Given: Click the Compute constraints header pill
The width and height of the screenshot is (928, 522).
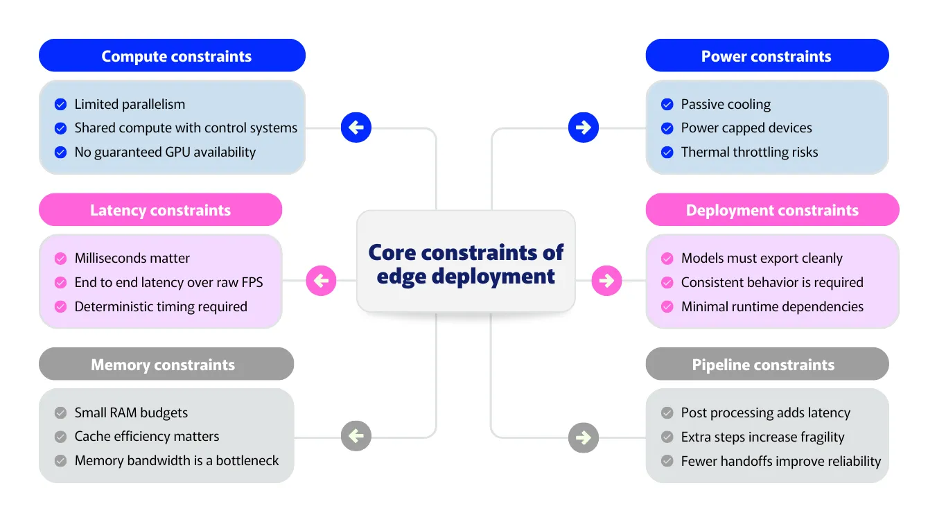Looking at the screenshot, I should pyautogui.click(x=172, y=56).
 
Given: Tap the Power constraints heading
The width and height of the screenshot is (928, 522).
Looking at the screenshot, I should pyautogui.click(x=767, y=56).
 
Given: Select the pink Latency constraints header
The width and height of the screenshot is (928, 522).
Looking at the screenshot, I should pyautogui.click(x=160, y=210).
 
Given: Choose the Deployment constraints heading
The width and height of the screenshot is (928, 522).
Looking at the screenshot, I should pyautogui.click(x=772, y=210).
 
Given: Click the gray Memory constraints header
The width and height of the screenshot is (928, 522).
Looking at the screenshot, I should pyautogui.click(x=166, y=365).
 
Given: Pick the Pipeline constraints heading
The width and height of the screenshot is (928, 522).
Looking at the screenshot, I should pyautogui.click(x=767, y=365).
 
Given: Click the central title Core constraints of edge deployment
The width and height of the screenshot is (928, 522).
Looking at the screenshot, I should pyautogui.click(x=466, y=263).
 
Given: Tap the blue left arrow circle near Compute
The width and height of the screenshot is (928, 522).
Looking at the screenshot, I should pyautogui.click(x=356, y=128).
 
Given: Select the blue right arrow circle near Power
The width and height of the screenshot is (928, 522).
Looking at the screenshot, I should pyautogui.click(x=583, y=128).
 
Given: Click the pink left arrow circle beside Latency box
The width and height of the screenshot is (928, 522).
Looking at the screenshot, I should pyautogui.click(x=321, y=281).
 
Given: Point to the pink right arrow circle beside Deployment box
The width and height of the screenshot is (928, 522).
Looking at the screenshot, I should pyautogui.click(x=606, y=281).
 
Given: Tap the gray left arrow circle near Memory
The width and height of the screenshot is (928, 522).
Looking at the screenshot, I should pyautogui.click(x=356, y=437).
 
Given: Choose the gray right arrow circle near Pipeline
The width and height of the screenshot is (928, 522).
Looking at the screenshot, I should pyautogui.click(x=583, y=437).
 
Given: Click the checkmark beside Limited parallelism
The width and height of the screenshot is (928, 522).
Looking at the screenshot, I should pyautogui.click(x=60, y=105).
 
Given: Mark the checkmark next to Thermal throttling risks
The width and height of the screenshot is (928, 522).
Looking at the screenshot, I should pyautogui.click(x=667, y=153).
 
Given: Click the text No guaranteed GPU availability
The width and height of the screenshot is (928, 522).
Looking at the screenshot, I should pyautogui.click(x=165, y=153).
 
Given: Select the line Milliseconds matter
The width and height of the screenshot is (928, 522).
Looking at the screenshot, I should pyautogui.click(x=132, y=259).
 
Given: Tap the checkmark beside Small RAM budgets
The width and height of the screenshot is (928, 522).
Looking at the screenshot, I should pyautogui.click(x=60, y=413).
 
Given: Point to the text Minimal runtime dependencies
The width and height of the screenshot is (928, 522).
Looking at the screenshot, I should pyautogui.click(x=772, y=306).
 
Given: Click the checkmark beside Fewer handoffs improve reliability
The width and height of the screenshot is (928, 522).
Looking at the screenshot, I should pyautogui.click(x=667, y=461).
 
